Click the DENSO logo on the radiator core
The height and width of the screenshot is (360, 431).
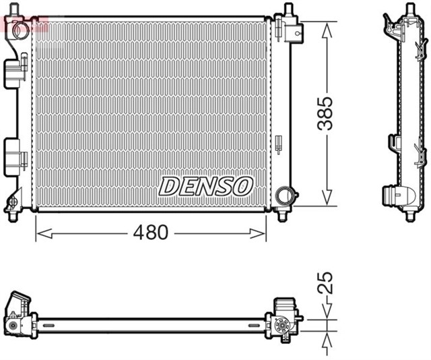click(x=205, y=186)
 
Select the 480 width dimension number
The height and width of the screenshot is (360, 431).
click(x=150, y=233)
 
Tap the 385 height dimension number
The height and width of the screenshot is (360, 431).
click(x=325, y=113)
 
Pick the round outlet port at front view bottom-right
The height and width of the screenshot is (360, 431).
click(x=285, y=196)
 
